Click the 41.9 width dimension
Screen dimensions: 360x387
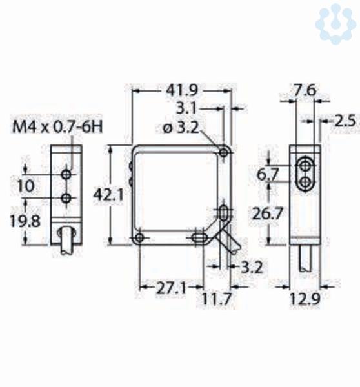pos(182,90)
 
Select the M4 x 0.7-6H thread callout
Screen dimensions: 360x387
pos(57,127)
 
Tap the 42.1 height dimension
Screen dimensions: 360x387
pos(108,195)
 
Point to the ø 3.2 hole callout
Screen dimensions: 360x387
pos(181,127)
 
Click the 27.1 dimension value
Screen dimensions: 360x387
pos(171,288)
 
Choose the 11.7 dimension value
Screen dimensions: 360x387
pos(217,299)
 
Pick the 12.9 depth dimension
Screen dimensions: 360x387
pos(305,299)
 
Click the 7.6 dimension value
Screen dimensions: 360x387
pos(305,90)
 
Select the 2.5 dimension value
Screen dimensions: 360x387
pos(345,121)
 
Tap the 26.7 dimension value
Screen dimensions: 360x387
pos(267,213)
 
